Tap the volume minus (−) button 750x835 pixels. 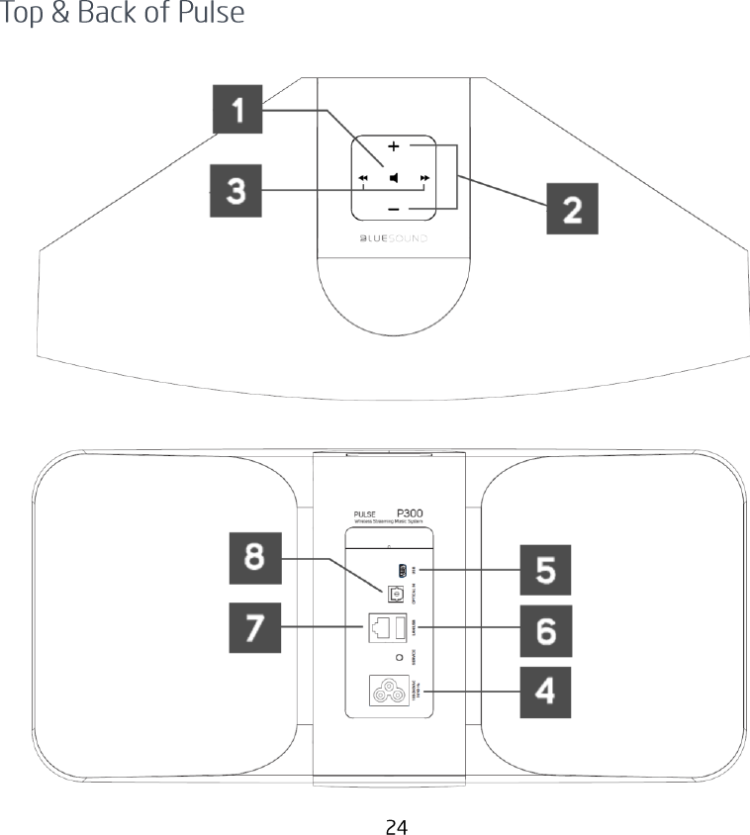click(394, 210)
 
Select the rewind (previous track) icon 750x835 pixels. click(363, 179)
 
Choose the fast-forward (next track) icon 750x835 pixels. click(424, 179)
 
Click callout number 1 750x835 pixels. click(236, 110)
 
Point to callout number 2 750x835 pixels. click(573, 209)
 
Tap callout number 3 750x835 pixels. click(236, 190)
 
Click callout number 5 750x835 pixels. click(546, 571)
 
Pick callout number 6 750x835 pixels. click(546, 628)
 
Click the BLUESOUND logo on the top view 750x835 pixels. click(392, 238)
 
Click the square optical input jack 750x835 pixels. click(394, 592)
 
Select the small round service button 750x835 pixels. click(399, 657)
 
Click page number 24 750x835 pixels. click(396, 826)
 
